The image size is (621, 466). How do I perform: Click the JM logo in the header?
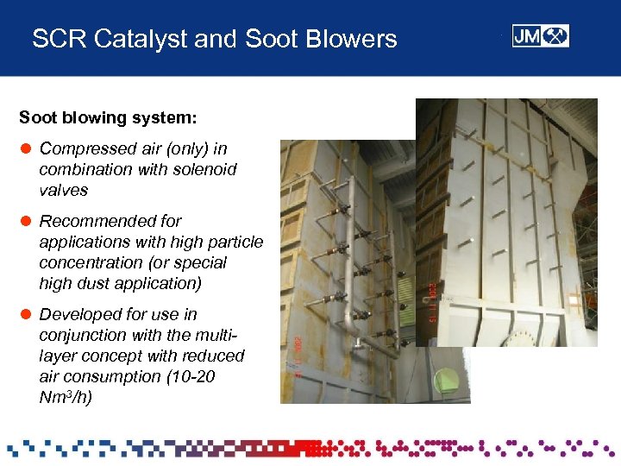coord(540,36)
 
